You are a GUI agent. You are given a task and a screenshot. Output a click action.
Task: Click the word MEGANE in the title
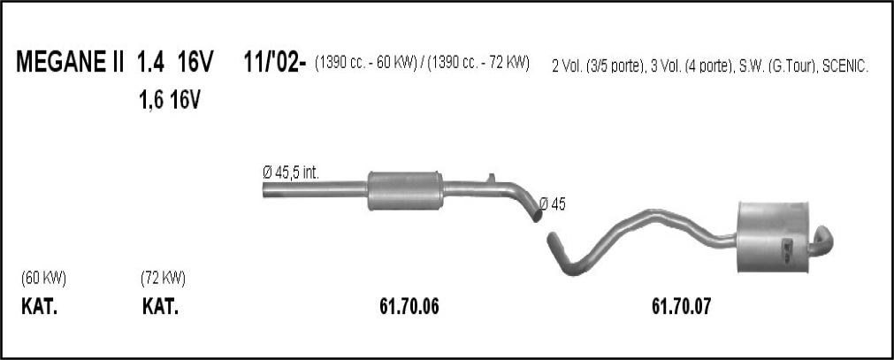click(x=60, y=62)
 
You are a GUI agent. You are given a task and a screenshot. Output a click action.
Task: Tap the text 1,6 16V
click(x=170, y=101)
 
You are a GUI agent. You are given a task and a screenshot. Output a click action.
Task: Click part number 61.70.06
click(x=409, y=308)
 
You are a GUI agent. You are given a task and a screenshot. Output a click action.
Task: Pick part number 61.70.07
click(x=682, y=308)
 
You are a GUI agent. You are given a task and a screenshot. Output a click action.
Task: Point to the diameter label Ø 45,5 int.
click(x=290, y=172)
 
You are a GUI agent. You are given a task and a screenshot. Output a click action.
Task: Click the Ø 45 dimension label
click(x=552, y=204)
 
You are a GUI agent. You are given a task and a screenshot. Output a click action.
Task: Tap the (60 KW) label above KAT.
click(x=43, y=279)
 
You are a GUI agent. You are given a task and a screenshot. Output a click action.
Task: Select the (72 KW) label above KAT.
click(x=163, y=279)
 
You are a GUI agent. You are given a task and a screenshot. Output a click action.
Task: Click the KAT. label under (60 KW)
click(x=39, y=308)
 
